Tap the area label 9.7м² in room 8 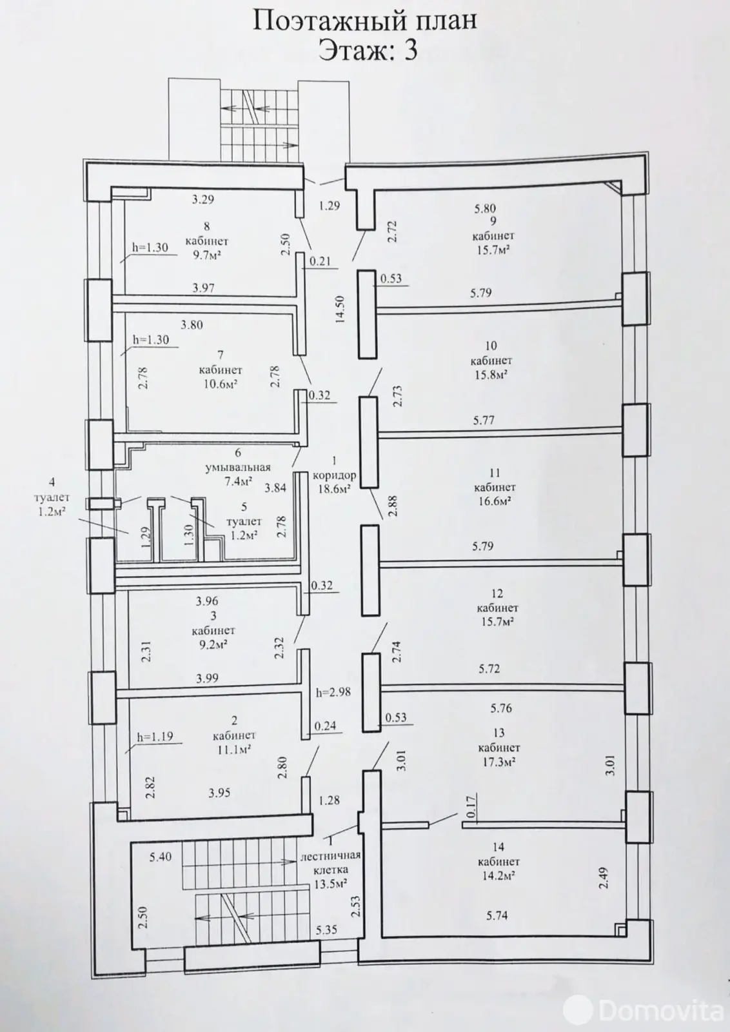[207, 255]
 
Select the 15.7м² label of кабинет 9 [493, 249]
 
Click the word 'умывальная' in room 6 [238, 468]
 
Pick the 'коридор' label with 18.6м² [334, 475]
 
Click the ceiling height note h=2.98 [333, 692]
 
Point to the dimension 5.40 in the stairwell [161, 857]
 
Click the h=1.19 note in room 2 [155, 736]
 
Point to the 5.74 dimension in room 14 [497, 915]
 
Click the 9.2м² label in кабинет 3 [210, 644]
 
